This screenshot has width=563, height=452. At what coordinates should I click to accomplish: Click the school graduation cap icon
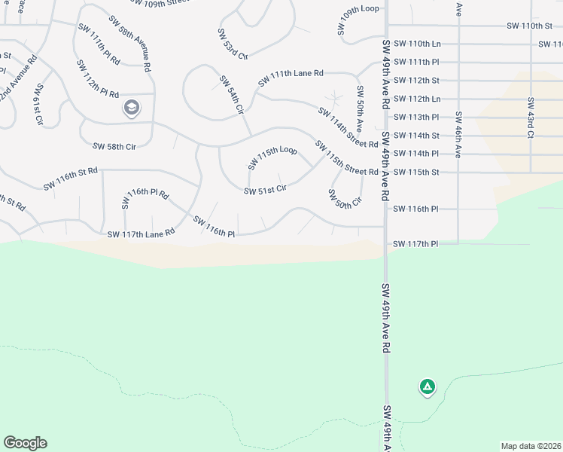coord(132,108)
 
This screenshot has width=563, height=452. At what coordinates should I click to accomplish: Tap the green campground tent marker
coord(427,387)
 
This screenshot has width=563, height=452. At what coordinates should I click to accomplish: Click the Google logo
coord(25,443)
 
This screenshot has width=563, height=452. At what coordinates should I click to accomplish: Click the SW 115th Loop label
coord(272,157)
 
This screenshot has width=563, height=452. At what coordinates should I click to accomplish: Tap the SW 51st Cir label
coord(265,190)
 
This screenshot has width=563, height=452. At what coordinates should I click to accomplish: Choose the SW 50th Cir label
coord(345,198)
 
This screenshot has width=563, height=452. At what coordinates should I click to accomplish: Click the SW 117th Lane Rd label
coord(141,234)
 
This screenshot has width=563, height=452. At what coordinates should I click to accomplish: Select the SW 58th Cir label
coord(114,146)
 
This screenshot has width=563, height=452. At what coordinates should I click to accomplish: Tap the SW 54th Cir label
coord(232,94)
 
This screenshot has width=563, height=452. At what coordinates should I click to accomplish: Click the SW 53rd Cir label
coord(231,45)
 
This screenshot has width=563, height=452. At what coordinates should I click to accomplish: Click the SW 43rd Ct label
coord(531,117)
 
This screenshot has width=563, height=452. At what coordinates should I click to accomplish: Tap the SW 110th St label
coord(530,26)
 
